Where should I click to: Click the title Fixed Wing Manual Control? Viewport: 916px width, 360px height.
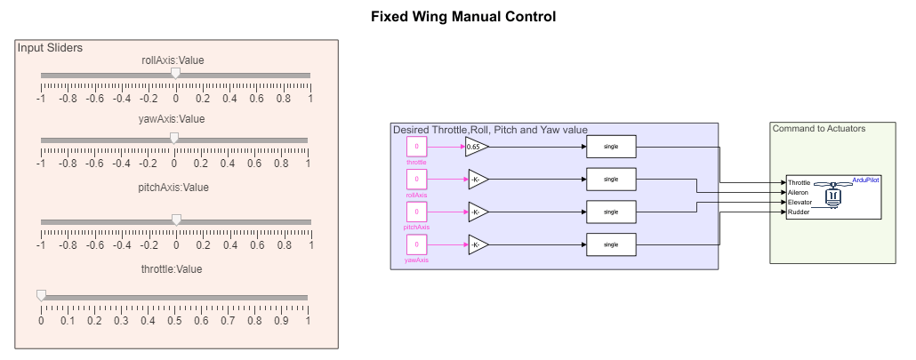[x=462, y=17]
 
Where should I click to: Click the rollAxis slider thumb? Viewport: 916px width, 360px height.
[x=175, y=74]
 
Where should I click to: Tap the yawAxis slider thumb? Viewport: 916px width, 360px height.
[x=174, y=138]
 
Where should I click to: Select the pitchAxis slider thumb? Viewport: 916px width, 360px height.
[x=176, y=220]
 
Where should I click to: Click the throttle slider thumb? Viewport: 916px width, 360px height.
[x=41, y=295]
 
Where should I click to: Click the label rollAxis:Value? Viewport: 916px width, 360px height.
[x=173, y=60]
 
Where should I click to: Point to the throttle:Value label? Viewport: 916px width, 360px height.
[x=173, y=269]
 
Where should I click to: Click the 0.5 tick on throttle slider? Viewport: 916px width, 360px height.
[x=174, y=318]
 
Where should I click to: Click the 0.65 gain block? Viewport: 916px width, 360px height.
[x=477, y=146]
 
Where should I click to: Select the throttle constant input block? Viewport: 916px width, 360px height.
[x=416, y=146]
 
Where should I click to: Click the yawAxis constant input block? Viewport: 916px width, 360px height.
[x=416, y=244]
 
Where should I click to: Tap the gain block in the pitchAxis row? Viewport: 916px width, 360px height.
[x=477, y=212]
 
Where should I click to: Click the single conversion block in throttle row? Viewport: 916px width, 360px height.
[x=611, y=146]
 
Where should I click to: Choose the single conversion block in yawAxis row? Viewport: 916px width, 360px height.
[x=611, y=244]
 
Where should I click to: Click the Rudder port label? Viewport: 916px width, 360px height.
[x=799, y=212]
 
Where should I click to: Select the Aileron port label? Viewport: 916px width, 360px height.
[x=799, y=192]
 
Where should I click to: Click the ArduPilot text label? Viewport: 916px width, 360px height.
[x=865, y=179]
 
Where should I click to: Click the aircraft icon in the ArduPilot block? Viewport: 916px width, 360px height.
[x=833, y=196]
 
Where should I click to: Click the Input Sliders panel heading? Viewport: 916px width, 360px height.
[x=50, y=46]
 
